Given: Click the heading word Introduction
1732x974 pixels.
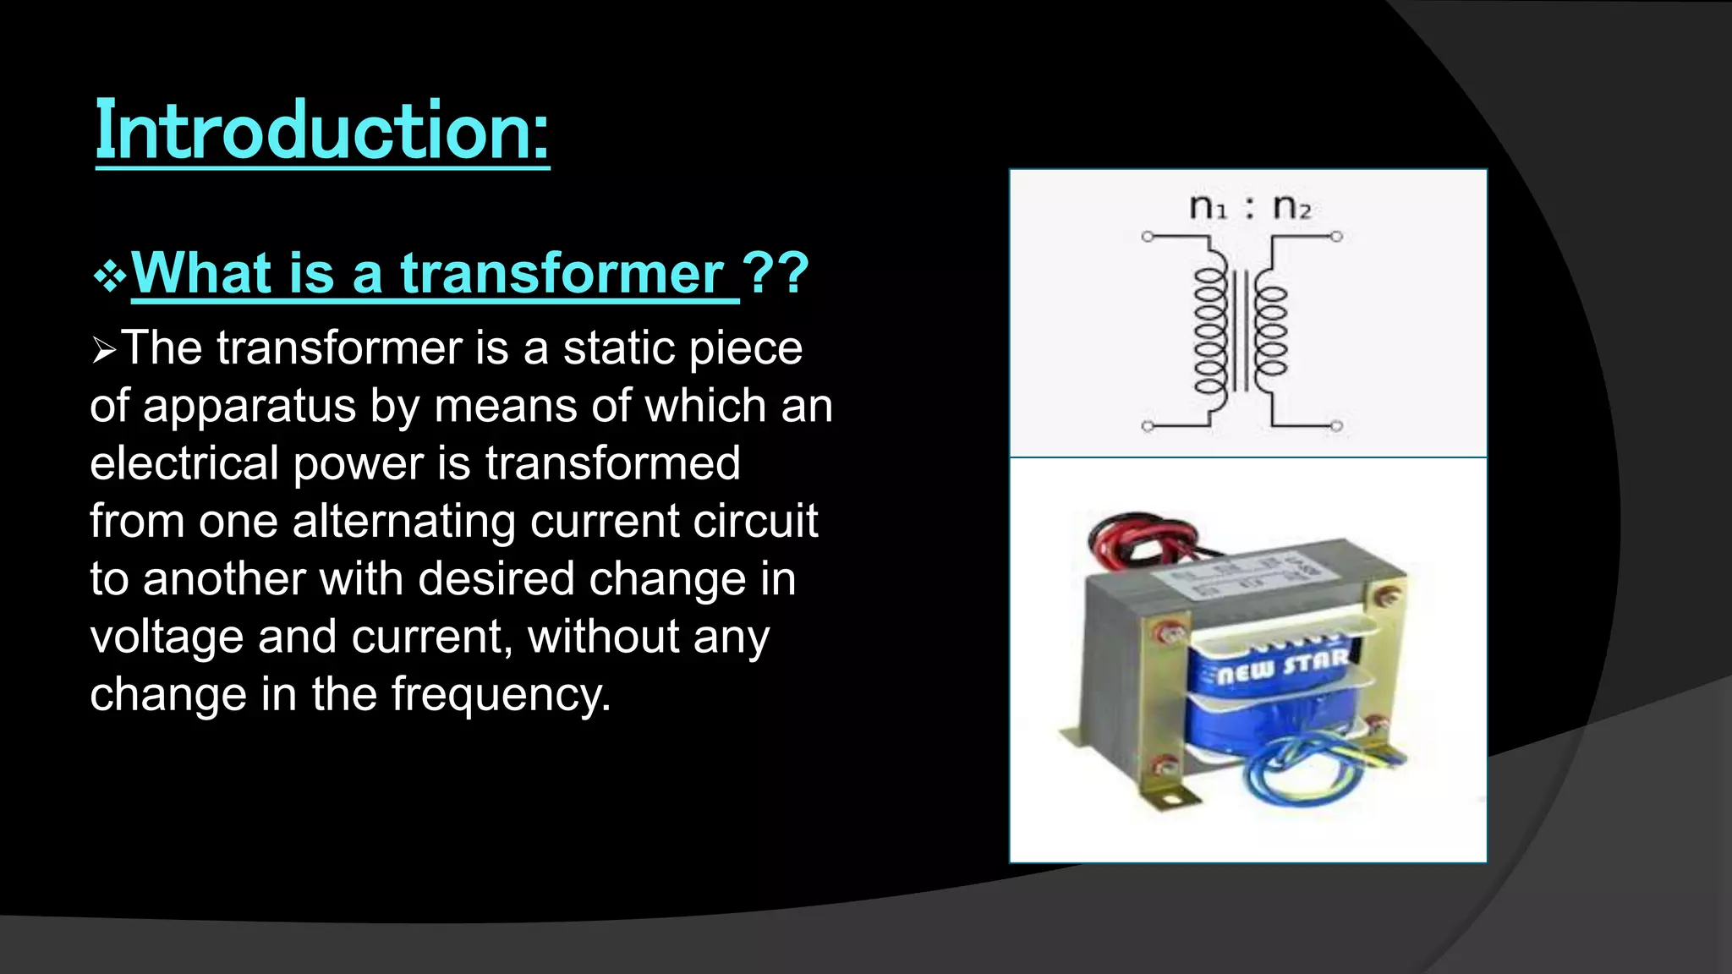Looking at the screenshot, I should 321,131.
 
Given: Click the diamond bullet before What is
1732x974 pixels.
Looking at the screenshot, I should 110,276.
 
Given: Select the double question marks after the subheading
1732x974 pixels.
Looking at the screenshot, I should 776,274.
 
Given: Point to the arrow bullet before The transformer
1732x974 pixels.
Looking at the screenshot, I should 104,349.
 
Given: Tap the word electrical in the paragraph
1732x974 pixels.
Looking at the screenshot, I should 184,463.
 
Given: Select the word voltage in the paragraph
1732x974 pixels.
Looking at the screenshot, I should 167,637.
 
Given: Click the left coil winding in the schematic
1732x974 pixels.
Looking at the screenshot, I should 1210,331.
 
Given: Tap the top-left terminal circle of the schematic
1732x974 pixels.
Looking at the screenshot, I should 1148,237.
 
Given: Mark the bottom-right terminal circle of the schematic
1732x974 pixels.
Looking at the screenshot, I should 1336,426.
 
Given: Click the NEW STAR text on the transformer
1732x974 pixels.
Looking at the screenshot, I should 1282,666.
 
